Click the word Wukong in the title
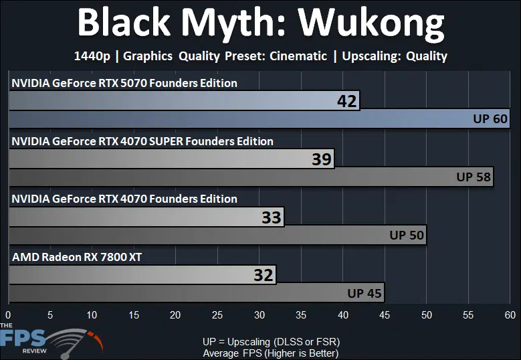[x=371, y=24]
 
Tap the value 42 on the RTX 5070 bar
[x=347, y=101]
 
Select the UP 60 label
[x=490, y=118]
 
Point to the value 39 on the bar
[x=322, y=159]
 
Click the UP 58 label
[x=474, y=177]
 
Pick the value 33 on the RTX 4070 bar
[x=272, y=217]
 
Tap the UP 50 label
[x=407, y=235]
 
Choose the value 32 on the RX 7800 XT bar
[x=264, y=275]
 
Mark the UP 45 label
[x=364, y=293]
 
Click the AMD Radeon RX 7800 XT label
[x=77, y=257]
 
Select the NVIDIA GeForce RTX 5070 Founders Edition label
[x=124, y=83]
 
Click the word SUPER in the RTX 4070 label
[x=166, y=141]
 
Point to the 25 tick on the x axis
[x=217, y=314]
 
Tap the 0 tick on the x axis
[x=8, y=314]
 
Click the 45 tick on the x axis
[x=385, y=314]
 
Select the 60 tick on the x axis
[x=510, y=314]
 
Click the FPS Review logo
[x=50, y=341]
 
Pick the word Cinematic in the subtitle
[x=298, y=56]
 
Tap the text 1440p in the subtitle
[x=92, y=56]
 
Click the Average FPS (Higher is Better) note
[x=271, y=353]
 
